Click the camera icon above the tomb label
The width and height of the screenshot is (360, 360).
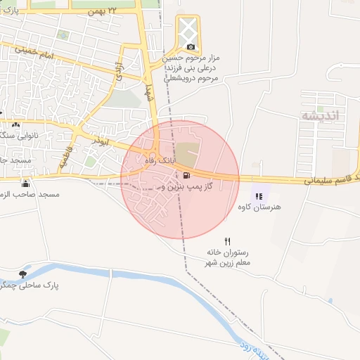(x=191, y=46)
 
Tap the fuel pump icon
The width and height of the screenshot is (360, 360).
(x=186, y=175)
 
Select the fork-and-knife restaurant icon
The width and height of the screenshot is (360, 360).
(x=227, y=241)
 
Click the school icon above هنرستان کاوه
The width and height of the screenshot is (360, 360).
(x=258, y=196)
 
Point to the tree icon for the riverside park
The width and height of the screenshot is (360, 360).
(x=23, y=274)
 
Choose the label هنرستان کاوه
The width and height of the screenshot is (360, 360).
(x=259, y=207)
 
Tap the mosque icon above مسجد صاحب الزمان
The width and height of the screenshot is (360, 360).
(x=26, y=184)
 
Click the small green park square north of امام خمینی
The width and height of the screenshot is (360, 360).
(x=64, y=34)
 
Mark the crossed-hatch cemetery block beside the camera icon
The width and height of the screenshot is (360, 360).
(x=188, y=29)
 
